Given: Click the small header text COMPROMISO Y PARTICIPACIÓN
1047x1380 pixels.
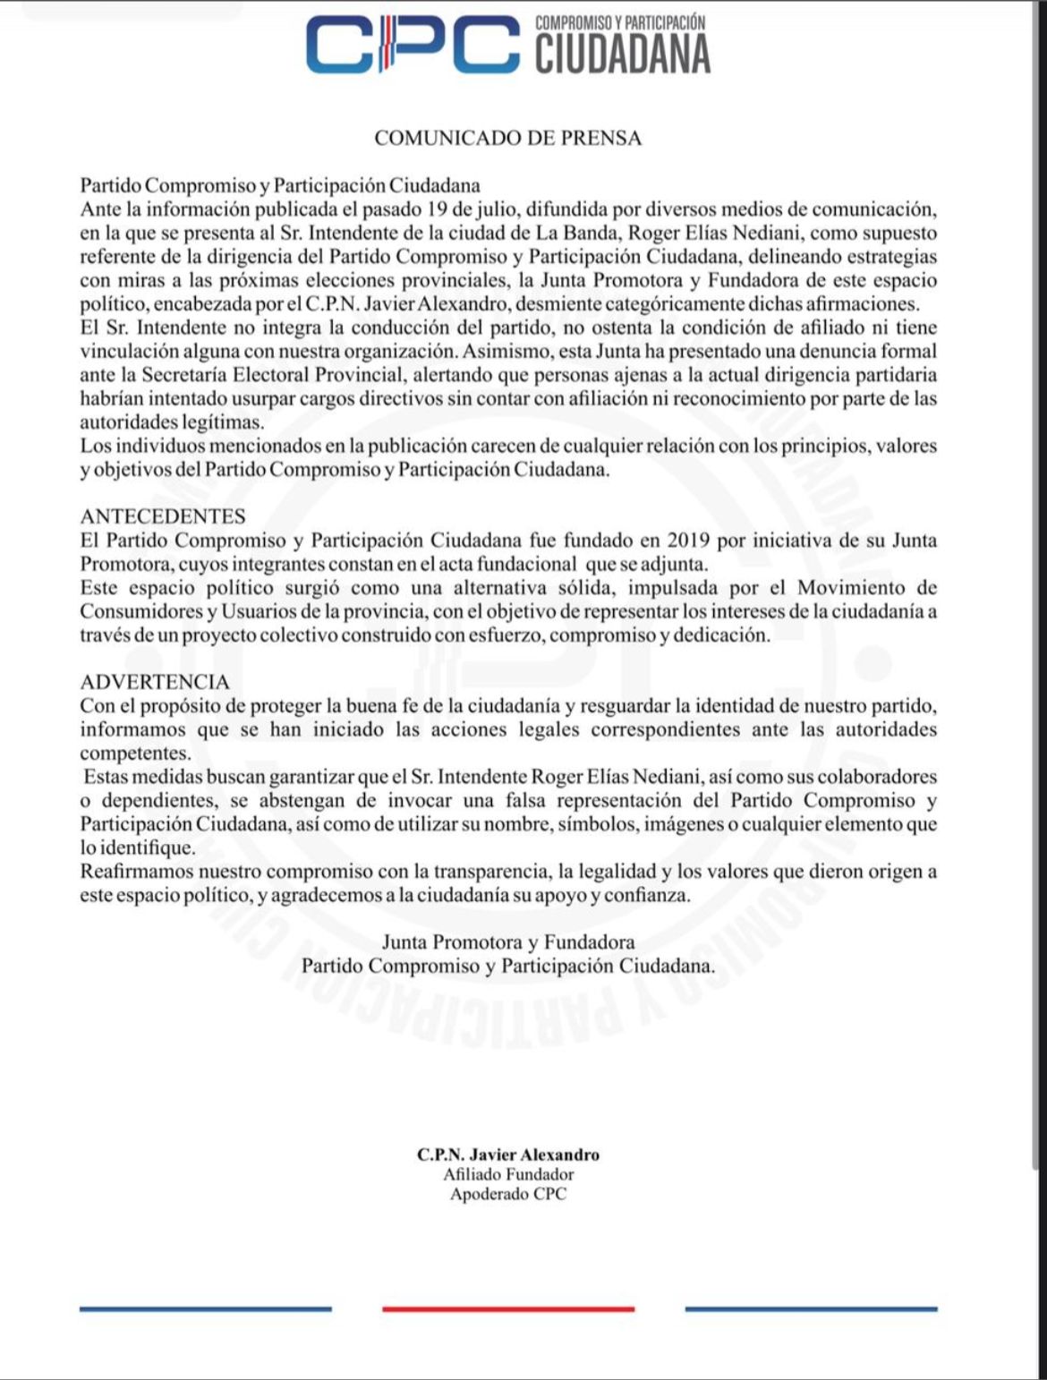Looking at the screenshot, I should pos(620,22).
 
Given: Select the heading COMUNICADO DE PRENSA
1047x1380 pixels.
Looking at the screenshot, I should pos(507,138).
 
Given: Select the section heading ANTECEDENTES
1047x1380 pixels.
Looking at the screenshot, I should pos(163,516).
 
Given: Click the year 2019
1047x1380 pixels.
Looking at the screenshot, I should pos(688,540).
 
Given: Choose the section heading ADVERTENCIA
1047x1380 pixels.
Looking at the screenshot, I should pos(155,682).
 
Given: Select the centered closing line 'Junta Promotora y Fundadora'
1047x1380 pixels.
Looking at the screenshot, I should pos(508,941).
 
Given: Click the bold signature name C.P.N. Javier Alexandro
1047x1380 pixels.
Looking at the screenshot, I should pos(508,1154).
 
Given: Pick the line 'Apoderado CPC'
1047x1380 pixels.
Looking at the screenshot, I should pos(508,1194).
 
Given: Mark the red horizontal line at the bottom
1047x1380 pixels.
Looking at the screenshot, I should pos(508,1309).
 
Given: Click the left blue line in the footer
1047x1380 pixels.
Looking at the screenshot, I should pos(205,1309).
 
